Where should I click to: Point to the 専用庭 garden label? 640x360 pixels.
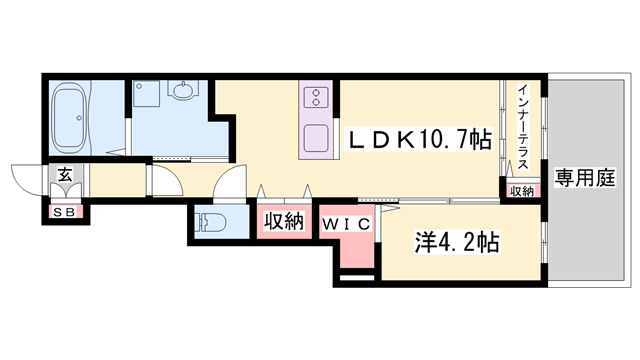[584, 179]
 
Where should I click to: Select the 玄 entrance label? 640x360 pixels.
[64, 175]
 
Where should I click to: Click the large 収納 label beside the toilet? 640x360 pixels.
[283, 222]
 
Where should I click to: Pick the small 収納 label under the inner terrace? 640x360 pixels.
[522, 191]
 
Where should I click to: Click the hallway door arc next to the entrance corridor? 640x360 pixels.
[160, 183]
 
